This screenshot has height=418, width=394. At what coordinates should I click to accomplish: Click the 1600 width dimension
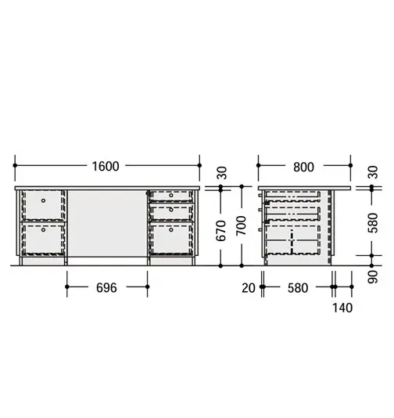coord(106,167)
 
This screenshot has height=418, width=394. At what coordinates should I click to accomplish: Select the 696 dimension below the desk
coord(106,288)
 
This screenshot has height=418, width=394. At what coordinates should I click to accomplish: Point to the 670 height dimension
coord(221,231)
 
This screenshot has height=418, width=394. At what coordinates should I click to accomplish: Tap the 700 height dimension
coord(242,225)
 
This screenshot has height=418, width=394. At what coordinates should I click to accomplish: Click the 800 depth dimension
coord(304,168)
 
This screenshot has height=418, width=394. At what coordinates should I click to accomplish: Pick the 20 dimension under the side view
coord(249,288)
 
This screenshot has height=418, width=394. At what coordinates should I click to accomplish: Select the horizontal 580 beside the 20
coord(298,288)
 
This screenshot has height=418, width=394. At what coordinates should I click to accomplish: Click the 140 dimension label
coord(342,308)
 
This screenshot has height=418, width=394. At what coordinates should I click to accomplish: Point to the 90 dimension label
coord(373,277)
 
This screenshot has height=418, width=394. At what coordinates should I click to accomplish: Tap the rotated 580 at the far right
coord(373,223)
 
